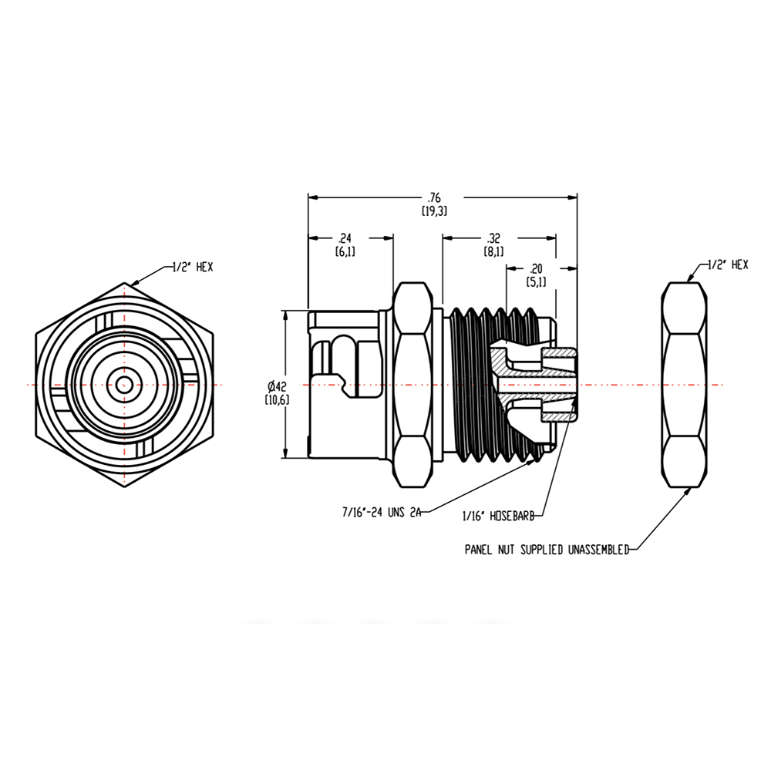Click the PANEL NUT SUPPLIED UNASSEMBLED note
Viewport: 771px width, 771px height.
coord(547,550)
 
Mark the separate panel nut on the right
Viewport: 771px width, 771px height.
coord(685,385)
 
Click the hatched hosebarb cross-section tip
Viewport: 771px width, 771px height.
coord(559,385)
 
